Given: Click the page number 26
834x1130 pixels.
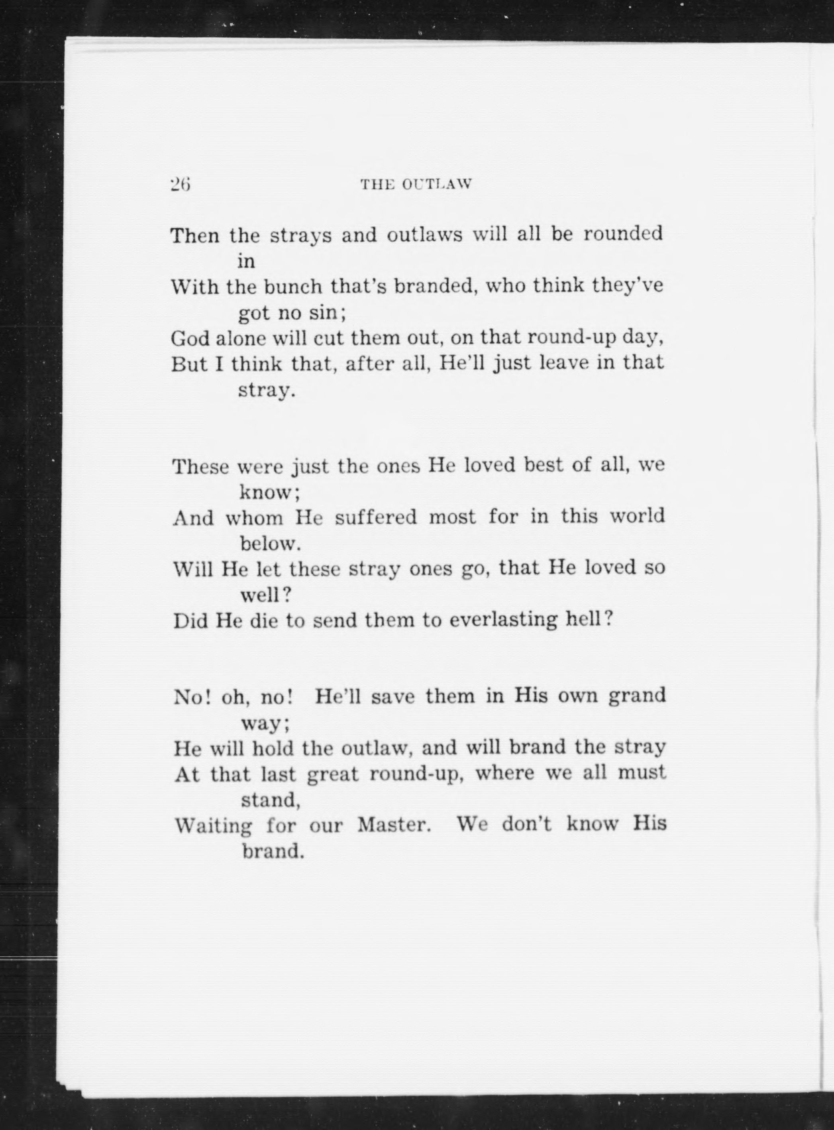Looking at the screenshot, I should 179,185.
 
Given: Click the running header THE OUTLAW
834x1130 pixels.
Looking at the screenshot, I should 416,185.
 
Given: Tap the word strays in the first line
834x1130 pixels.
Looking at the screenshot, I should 300,236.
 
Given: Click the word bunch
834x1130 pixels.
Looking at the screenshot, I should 293,287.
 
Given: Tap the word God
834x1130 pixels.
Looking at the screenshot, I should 190,338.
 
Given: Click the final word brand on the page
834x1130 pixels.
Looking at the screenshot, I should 273,852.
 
